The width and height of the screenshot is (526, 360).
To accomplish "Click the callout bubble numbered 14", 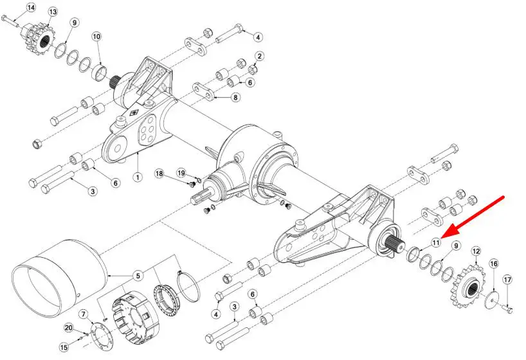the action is [x=30, y=8].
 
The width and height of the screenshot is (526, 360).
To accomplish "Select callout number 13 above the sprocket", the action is [x=53, y=12].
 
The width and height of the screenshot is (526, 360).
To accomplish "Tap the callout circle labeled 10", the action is [x=96, y=36].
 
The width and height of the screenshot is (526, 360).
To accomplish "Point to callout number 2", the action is [x=259, y=56].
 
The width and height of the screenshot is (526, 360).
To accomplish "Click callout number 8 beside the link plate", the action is [x=235, y=97].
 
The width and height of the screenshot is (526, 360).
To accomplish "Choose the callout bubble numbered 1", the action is [x=138, y=177].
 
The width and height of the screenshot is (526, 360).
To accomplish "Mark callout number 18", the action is [x=159, y=174].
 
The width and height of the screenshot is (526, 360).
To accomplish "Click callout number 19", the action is [x=181, y=173].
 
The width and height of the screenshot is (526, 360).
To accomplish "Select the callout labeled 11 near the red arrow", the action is [x=436, y=242].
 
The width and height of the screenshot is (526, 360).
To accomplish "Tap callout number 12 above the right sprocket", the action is [x=476, y=251].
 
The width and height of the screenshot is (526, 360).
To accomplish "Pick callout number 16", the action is [x=494, y=264].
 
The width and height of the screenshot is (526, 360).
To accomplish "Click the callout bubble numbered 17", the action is [x=507, y=280].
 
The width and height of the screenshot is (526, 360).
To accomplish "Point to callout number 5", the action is [x=138, y=276].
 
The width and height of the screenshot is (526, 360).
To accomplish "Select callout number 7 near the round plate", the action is [x=84, y=314].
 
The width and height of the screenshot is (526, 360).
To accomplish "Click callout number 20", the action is [x=69, y=328].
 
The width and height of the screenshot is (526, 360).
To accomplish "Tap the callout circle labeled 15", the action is [x=64, y=347].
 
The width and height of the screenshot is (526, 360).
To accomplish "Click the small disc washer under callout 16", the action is [x=492, y=300].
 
